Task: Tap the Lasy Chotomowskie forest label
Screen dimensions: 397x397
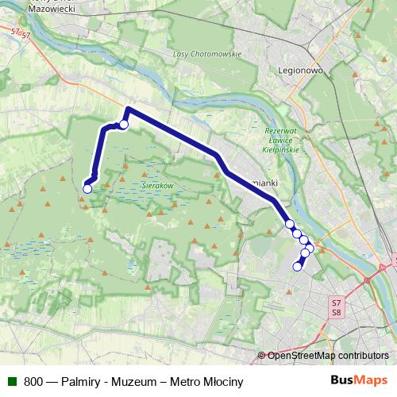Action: click(206, 55)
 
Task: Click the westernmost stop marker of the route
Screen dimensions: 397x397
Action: click(87, 188)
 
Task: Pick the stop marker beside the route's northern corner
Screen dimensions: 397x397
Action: click(124, 125)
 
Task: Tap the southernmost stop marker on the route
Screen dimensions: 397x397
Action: click(298, 267)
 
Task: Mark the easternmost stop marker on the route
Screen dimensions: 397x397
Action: click(310, 249)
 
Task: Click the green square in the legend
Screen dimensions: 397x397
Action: click(12, 381)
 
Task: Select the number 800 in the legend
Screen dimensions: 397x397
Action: click(33, 381)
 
